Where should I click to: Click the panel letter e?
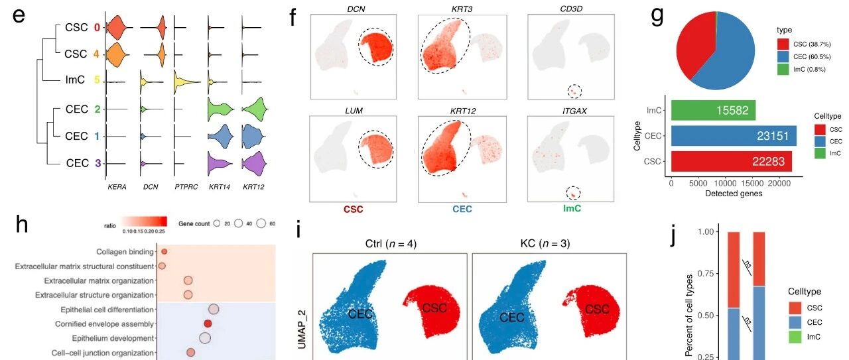[21, 16]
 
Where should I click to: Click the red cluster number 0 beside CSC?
[96, 28]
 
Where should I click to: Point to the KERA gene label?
[117, 188]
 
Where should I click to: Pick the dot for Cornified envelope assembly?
[208, 324]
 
